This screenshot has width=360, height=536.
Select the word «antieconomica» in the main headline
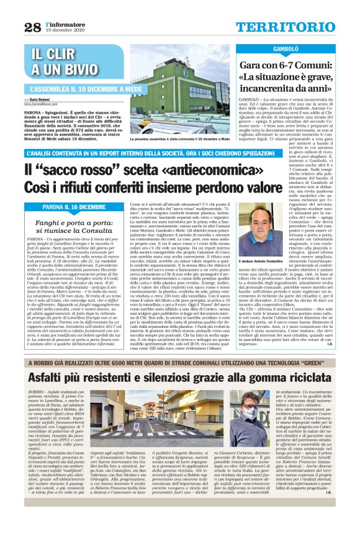point(185,169)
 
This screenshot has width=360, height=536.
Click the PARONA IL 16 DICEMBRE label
point(74,206)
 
